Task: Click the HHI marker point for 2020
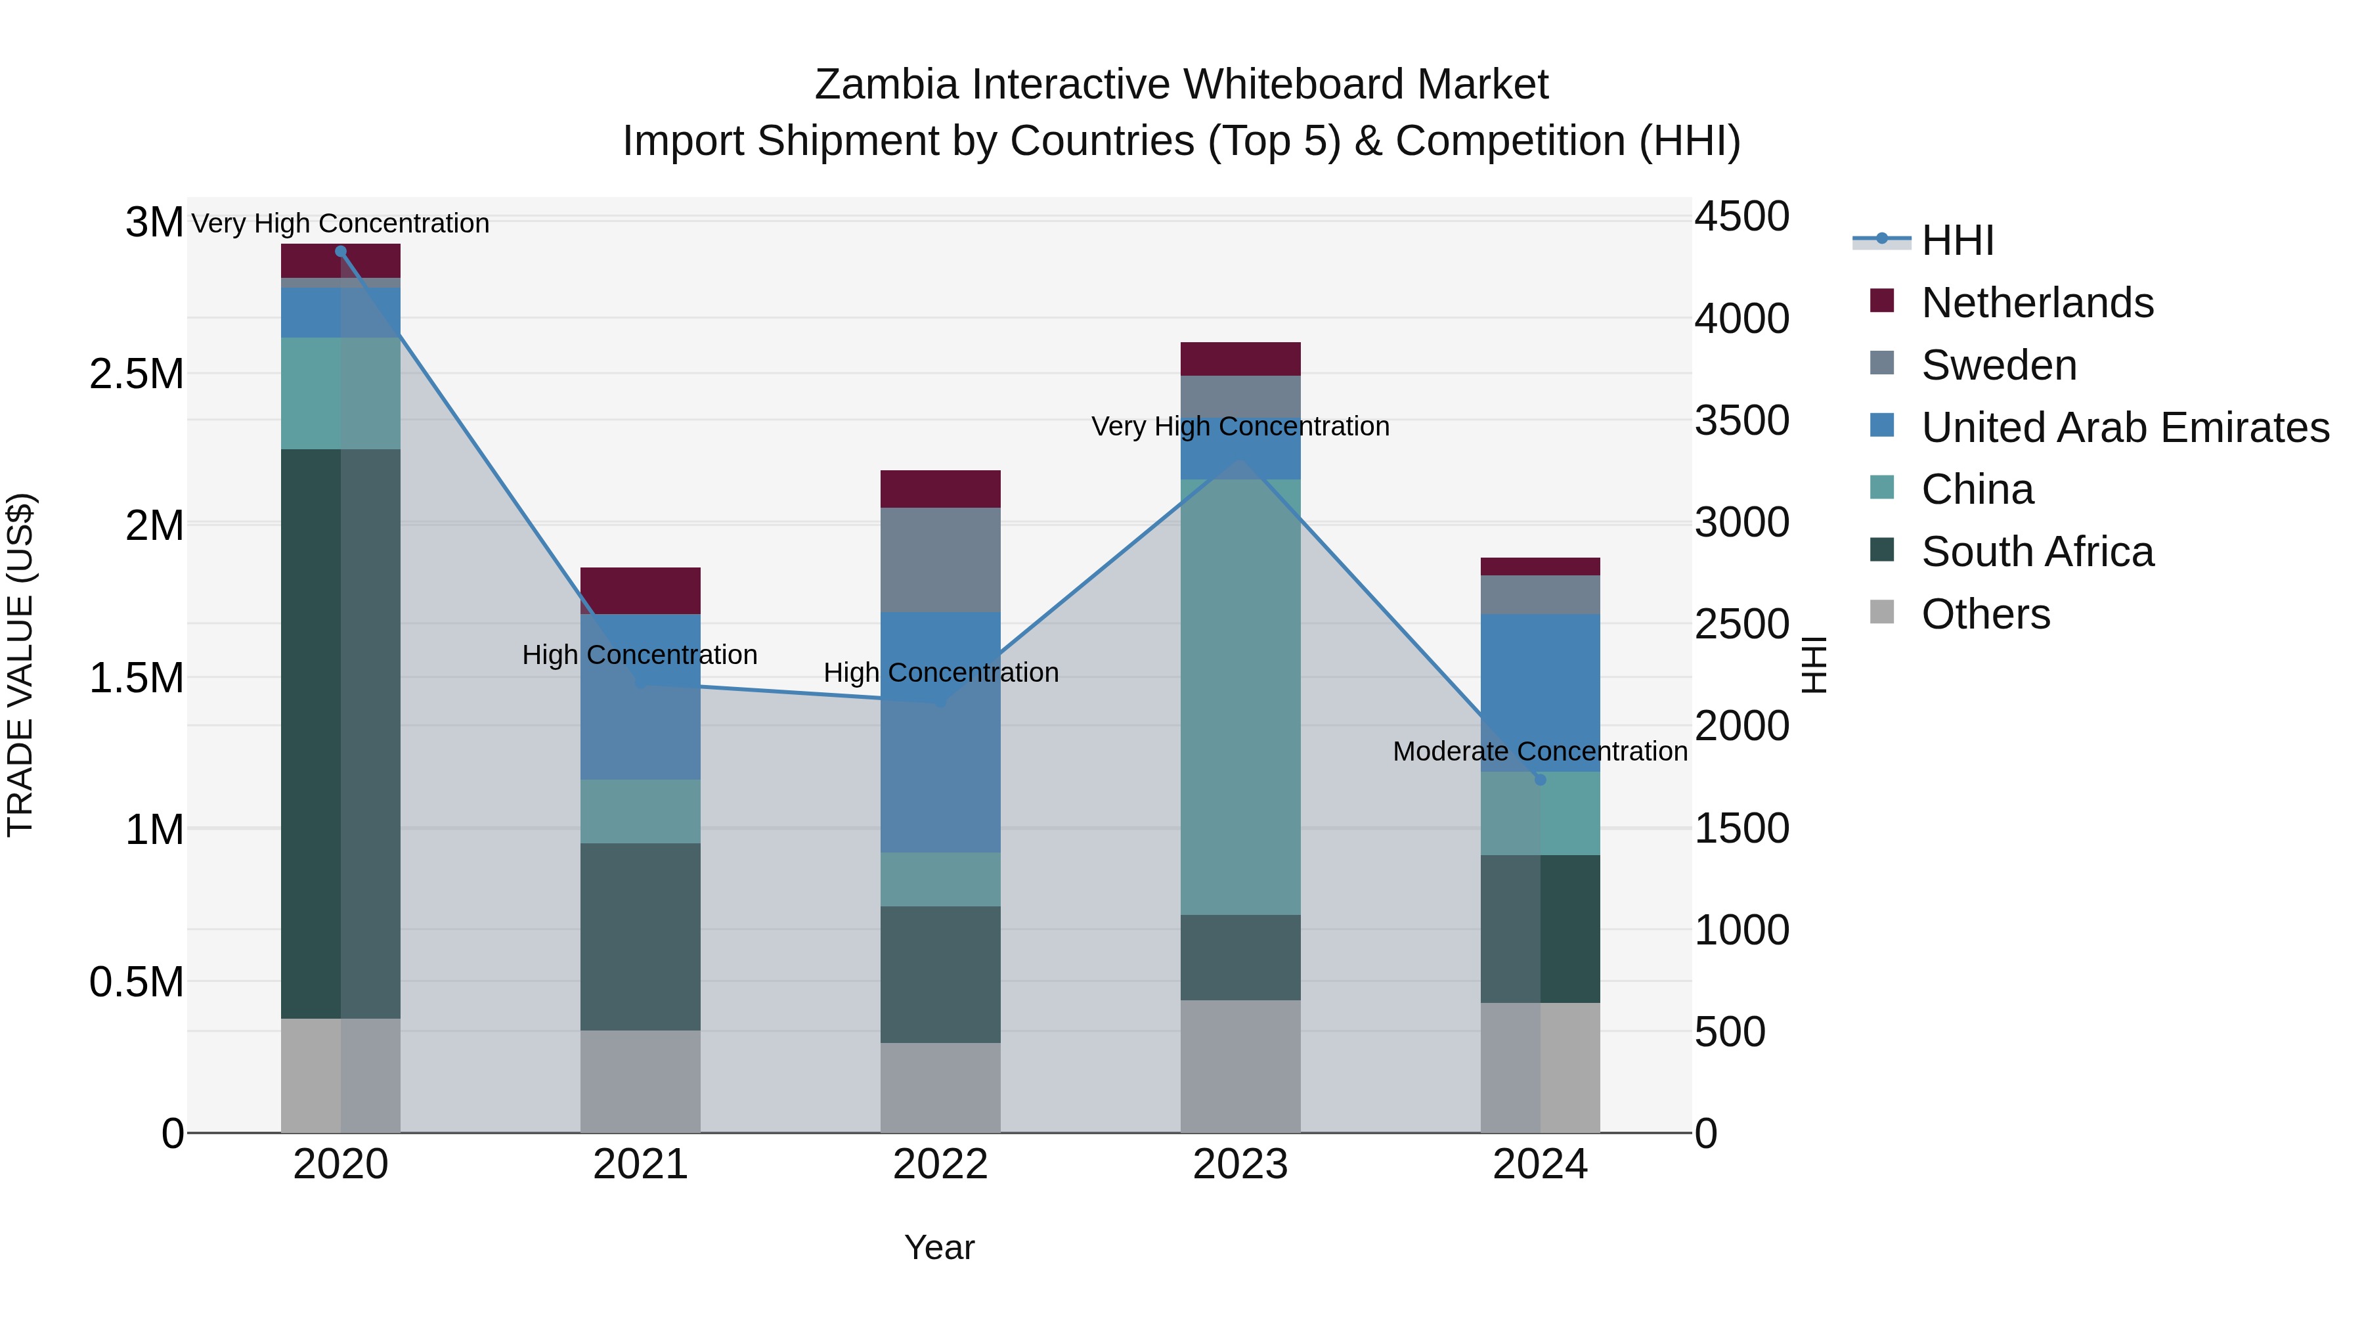340,252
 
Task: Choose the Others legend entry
1985,614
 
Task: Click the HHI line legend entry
1957,240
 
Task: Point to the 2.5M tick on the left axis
136,374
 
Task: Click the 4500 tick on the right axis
1741,217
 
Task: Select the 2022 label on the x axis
940,1164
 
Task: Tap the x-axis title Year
939,1247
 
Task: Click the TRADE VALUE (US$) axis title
20,665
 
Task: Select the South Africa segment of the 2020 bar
340,734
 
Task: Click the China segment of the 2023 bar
1240,697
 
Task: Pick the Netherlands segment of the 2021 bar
640,590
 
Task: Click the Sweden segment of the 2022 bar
940,560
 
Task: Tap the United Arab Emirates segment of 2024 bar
1540,692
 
